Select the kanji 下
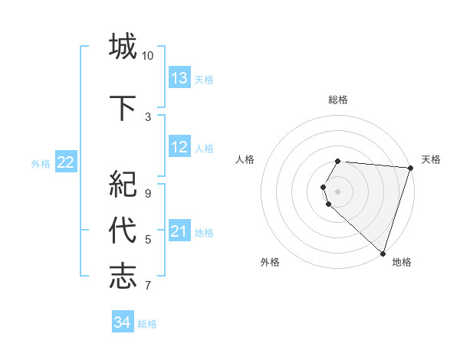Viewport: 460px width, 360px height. point(123,106)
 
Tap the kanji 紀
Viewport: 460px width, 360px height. point(123,185)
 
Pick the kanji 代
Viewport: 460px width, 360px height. point(123,230)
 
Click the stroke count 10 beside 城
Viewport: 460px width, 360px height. point(148,56)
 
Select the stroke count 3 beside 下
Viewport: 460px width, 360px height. point(148,116)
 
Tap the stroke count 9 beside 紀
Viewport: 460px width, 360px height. point(148,194)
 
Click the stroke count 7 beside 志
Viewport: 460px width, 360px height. point(148,286)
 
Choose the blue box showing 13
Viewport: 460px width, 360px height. point(179,77)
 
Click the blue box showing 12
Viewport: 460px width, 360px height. point(179,147)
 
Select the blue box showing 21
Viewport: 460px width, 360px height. point(179,231)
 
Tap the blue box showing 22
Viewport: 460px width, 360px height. point(66,162)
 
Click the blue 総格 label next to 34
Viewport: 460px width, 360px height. point(147,324)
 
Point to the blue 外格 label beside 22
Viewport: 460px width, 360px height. point(41,163)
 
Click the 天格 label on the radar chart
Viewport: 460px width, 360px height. point(431,159)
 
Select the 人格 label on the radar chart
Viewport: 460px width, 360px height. point(245,159)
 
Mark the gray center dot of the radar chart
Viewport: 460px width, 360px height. point(337,191)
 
